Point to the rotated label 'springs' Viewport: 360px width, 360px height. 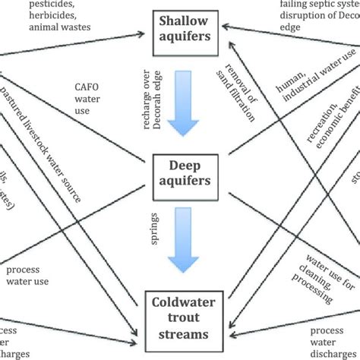click(156, 229)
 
